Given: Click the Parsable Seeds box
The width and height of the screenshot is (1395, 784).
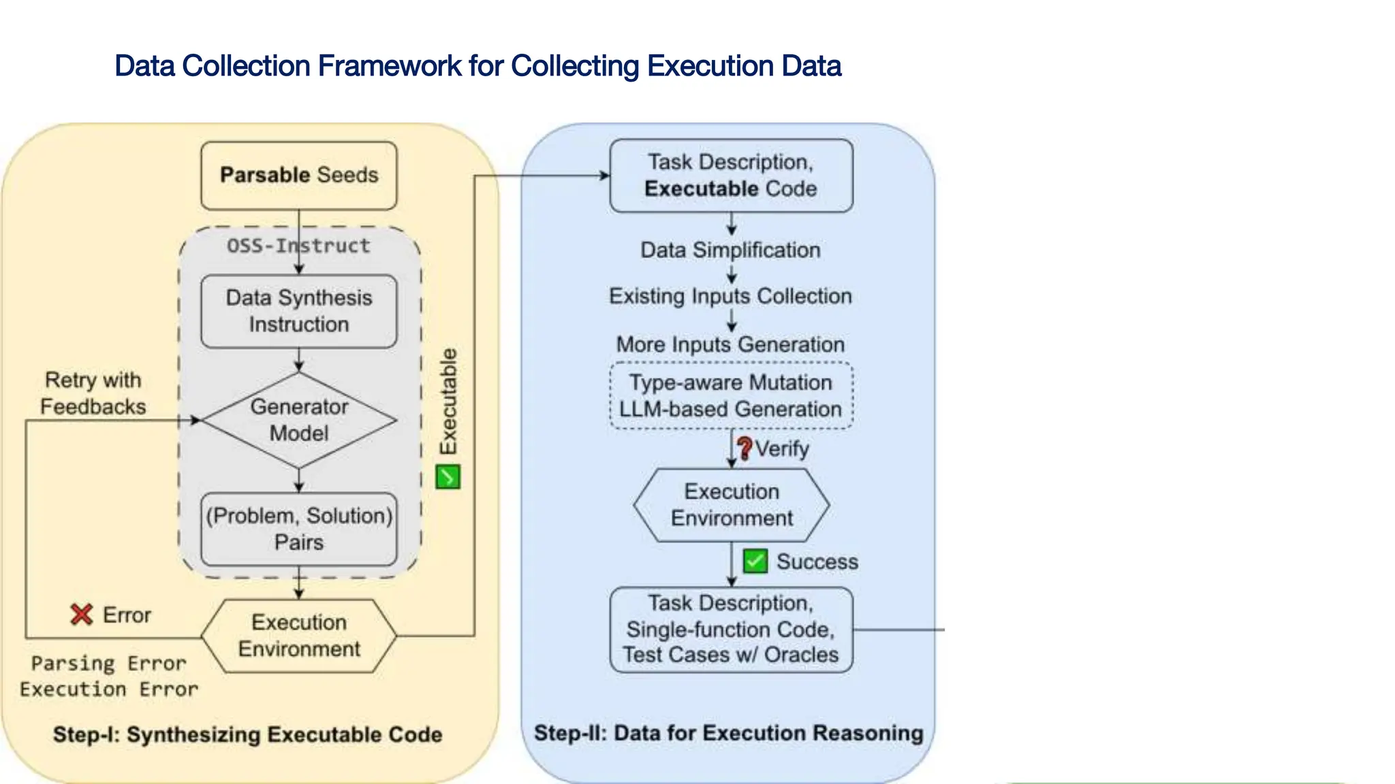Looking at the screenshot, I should coord(298,176).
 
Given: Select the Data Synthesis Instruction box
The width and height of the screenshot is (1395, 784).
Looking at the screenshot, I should coord(298,311).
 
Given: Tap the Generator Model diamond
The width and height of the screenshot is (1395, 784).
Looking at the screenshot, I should coord(298,420).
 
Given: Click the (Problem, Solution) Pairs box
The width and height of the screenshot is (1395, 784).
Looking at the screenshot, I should coord(298,529).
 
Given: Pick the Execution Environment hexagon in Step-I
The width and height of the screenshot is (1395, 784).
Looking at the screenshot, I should coord(298,636).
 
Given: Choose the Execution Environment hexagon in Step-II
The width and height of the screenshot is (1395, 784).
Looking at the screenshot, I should coord(731,505).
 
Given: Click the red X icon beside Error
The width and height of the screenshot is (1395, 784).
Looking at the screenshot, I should coord(82,615).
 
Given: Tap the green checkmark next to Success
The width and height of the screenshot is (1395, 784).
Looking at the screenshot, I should coord(755,561).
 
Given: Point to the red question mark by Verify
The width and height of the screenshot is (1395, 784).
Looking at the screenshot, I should coord(744,448).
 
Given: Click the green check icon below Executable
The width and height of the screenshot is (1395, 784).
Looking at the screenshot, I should coord(448,477).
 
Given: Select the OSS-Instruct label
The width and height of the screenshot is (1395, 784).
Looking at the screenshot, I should coord(298,246).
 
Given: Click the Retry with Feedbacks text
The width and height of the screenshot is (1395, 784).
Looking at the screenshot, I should coord(93,393).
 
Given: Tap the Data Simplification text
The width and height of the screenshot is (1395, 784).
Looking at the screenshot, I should coord(730,250).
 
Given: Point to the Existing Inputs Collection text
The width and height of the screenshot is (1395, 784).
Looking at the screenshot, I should coord(730,296).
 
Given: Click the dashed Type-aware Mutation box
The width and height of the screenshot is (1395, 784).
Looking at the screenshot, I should coord(730,395).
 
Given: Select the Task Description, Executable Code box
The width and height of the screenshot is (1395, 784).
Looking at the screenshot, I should coord(731,176).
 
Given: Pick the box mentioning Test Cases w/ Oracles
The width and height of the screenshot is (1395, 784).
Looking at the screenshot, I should coord(731,630).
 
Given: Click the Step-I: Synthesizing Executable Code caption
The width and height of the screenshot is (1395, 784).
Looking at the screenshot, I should coord(247,734).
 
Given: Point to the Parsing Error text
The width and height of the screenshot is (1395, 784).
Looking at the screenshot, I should coord(108,663).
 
